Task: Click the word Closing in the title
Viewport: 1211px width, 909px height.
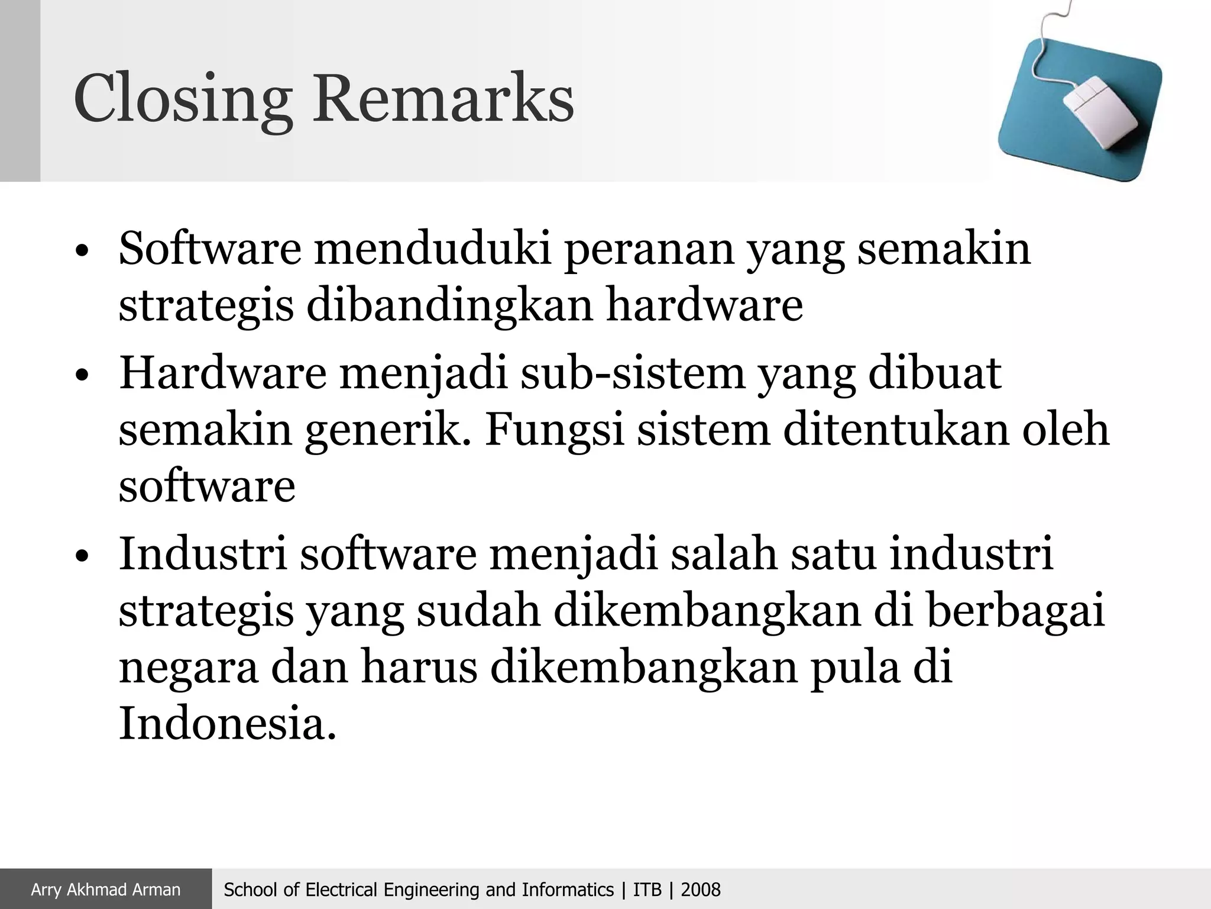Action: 183,99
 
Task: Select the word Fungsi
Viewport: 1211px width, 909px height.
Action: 554,431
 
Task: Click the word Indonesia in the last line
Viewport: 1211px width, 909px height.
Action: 227,723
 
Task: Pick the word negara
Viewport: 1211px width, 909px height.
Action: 189,668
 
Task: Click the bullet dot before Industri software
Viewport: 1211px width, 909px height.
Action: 82,557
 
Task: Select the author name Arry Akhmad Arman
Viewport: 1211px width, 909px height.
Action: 105,889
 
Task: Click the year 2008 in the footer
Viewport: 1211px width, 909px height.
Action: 701,889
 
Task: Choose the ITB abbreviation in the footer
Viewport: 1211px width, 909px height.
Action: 647,889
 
